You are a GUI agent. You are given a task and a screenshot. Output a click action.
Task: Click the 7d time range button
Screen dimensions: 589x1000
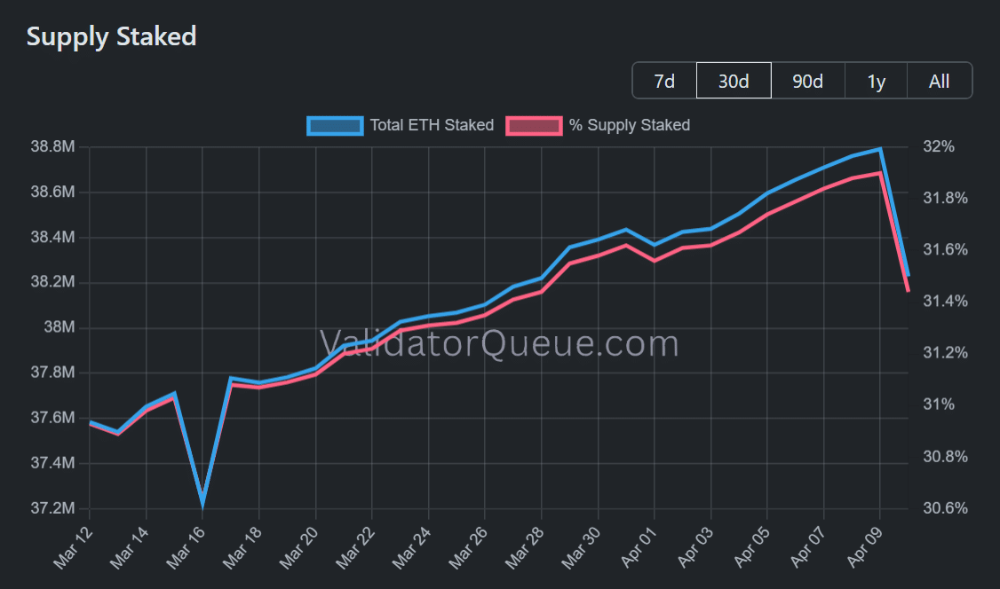coord(664,81)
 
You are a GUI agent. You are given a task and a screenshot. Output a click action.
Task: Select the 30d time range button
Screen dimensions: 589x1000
coord(734,81)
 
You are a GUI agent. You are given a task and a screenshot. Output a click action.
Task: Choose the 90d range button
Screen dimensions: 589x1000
coord(807,81)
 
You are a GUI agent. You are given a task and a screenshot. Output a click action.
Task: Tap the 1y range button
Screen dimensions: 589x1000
coord(876,81)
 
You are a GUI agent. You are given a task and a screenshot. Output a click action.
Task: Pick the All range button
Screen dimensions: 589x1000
coord(939,81)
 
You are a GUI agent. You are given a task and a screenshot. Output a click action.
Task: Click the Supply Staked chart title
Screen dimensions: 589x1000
coord(111,36)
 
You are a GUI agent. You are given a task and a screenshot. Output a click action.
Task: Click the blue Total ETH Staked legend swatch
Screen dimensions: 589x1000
coord(335,125)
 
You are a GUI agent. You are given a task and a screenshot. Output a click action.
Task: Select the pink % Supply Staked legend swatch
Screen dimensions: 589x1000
coord(534,125)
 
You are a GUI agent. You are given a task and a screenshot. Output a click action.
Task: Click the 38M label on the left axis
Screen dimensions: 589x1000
coord(62,328)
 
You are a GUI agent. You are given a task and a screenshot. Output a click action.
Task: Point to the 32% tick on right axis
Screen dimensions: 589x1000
coord(936,147)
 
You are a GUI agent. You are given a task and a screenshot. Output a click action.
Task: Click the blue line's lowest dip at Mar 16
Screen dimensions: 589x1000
coord(202,501)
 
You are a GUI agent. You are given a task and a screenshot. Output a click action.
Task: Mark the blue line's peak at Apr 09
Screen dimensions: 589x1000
coord(880,149)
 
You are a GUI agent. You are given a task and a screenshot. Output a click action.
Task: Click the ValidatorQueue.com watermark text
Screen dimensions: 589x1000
coord(499,342)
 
